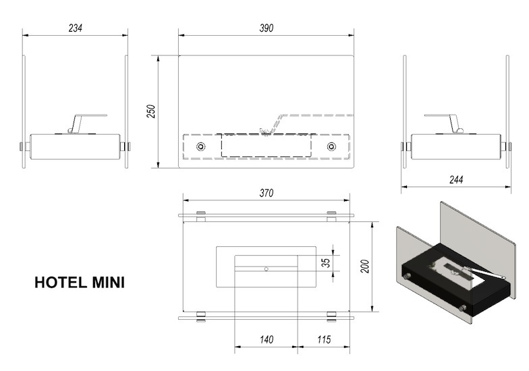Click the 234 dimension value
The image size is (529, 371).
click(76, 28)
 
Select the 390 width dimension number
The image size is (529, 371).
click(266, 28)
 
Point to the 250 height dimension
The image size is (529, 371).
click(151, 111)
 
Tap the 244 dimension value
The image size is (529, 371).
click(456, 179)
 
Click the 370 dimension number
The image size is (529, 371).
click(266, 193)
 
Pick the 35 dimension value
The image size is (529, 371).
click(326, 263)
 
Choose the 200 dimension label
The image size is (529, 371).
click(364, 266)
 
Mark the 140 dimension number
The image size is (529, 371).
click(267, 339)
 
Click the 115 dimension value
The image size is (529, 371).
click(324, 339)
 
